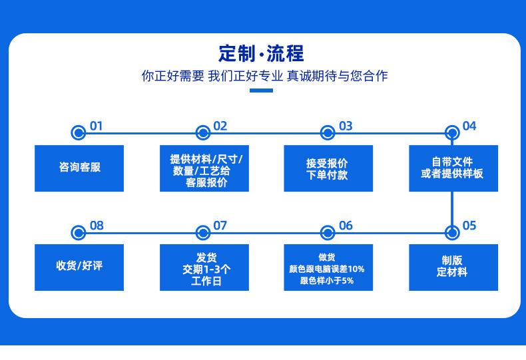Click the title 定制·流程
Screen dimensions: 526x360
(x=261, y=53)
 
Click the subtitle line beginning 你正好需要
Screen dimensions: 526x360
(x=264, y=76)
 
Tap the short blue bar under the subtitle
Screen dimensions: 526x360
(x=261, y=90)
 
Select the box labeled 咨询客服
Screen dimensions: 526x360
(x=79, y=168)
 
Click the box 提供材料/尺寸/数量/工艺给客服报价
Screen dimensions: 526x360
(x=204, y=169)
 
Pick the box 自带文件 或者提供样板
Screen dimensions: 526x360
(x=453, y=168)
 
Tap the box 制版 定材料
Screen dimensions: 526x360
(x=453, y=267)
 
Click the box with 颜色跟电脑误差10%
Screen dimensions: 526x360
(x=328, y=268)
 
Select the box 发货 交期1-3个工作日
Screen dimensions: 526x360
(x=204, y=268)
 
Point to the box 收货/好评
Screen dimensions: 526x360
(x=79, y=267)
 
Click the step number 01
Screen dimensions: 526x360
(x=97, y=126)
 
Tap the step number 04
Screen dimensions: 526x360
(x=469, y=126)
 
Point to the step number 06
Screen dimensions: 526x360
(x=346, y=226)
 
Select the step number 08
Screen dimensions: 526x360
(x=97, y=226)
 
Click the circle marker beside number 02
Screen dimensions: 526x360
(x=203, y=133)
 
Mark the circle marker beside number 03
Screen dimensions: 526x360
(x=328, y=133)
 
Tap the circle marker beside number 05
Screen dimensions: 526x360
(x=453, y=232)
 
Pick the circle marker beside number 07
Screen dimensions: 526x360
(x=203, y=232)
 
